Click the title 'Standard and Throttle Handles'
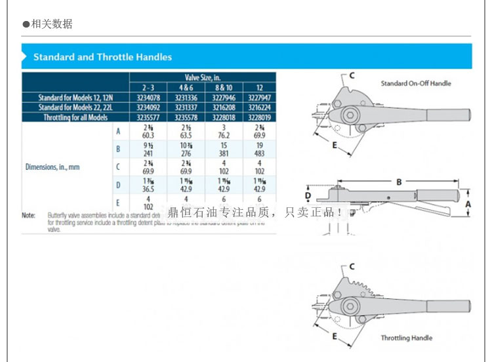[102, 57]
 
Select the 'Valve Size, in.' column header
[204, 77]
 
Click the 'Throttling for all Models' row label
[75, 117]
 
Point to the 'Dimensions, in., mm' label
[52, 167]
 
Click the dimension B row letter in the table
[118, 149]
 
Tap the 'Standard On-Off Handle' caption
[416, 83]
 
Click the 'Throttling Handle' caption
[407, 338]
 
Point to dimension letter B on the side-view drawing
[398, 182]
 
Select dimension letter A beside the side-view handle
[468, 204]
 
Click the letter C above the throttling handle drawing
[352, 266]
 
